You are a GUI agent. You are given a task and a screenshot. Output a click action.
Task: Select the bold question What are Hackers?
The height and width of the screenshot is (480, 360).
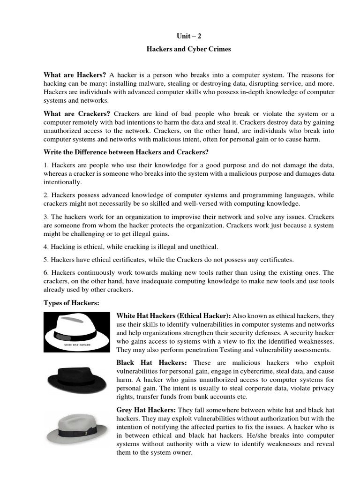pos(75,75)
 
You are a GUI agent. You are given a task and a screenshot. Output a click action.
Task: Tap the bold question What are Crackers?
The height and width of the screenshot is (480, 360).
pos(77,114)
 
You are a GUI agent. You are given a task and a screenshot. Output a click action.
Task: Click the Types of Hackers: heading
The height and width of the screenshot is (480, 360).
pos(71,303)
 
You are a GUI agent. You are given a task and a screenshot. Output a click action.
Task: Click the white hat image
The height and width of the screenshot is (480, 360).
pos(77,332)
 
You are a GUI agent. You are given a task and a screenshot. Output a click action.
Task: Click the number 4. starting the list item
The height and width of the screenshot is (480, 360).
pos(46,247)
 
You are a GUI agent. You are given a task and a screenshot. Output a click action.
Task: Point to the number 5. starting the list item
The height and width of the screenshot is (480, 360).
pos(46,260)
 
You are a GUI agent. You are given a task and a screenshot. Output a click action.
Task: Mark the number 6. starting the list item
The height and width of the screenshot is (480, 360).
pos(46,272)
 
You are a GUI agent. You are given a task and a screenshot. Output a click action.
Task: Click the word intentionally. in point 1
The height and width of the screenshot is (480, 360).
pos(63,182)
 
